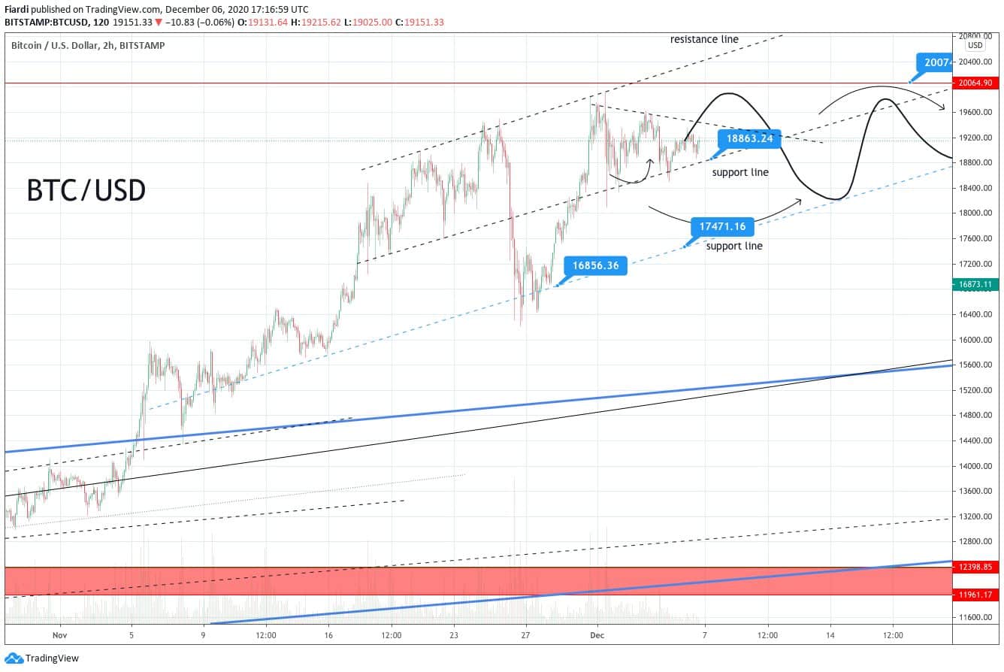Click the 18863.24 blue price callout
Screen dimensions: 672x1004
[x=749, y=138]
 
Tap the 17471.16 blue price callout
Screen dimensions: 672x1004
[x=722, y=226]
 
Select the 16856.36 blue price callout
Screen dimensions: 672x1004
[x=595, y=265]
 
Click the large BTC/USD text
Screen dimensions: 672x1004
[x=86, y=190]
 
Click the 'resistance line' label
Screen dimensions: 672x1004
[x=704, y=39]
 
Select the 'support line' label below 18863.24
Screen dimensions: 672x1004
[x=740, y=172]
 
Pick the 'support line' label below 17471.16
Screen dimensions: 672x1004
[x=734, y=246]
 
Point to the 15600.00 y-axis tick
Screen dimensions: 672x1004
[x=975, y=365]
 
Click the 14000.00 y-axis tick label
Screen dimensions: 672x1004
[x=975, y=466]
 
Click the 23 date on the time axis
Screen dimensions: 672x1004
[x=453, y=635]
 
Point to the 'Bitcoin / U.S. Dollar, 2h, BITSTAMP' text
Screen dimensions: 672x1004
[x=88, y=46]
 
